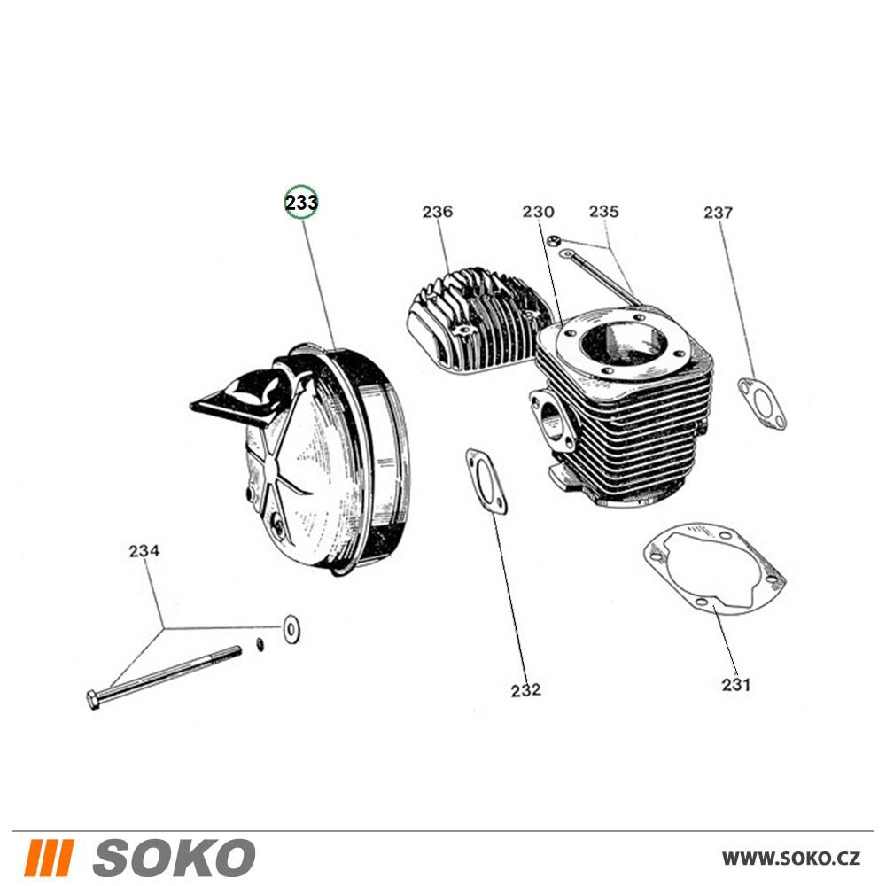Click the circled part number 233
tap(301, 202)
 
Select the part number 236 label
tap(438, 212)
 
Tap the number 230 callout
tap(538, 212)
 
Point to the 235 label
tap(604, 211)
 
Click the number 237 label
tap(719, 213)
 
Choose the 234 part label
tap(144, 550)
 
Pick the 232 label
tap(525, 690)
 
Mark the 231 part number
tap(736, 684)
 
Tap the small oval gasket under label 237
tap(762, 403)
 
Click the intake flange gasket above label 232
tap(486, 481)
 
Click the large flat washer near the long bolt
tap(291, 629)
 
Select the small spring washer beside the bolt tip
tap(260, 644)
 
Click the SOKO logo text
tap(174, 858)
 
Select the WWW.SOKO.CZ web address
tap(791, 859)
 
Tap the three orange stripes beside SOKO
tap(49, 858)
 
